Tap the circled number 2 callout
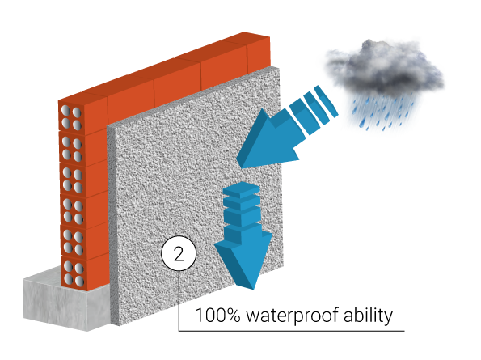pyautogui.click(x=179, y=253)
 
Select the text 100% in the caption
pyautogui.click(x=217, y=316)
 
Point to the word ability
pyautogui.click(x=368, y=316)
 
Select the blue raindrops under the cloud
pyautogui.click(x=383, y=113)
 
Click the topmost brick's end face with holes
pyautogui.click(x=71, y=118)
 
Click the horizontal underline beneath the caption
pyautogui.click(x=291, y=331)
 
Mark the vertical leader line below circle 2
pyautogui.click(x=179, y=301)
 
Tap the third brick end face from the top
pyautogui.click(x=72, y=180)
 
